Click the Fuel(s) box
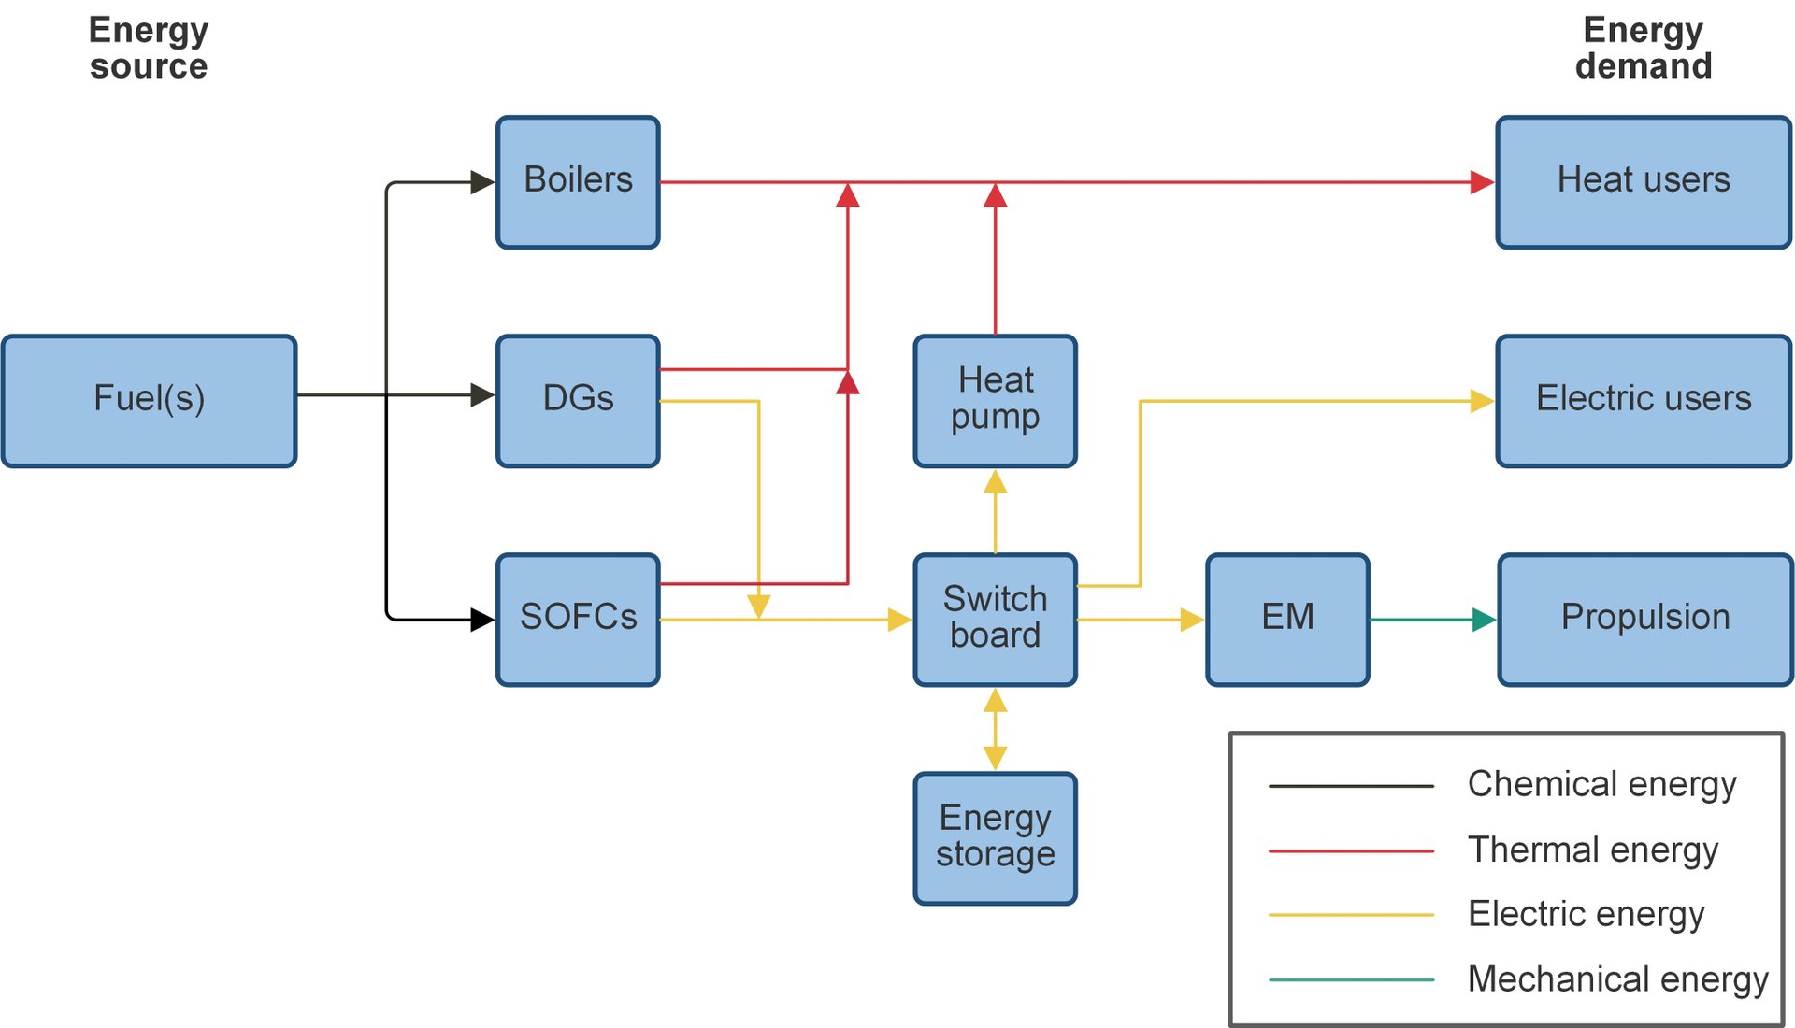pos(149,400)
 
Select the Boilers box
pos(578,181)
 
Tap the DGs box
pos(578,400)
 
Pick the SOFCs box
pos(578,619)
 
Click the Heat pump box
pos(995,400)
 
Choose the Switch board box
pos(995,619)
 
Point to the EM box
pos(1287,619)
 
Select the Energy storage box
pos(995,837)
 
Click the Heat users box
pos(1643,181)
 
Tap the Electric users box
pos(1643,400)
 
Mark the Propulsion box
pos(1644,619)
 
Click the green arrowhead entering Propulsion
pos(1484,620)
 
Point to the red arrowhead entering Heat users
pos(1482,182)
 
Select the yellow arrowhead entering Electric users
pos(1482,401)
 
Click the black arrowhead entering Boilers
pos(481,182)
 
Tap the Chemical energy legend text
pos(1601,784)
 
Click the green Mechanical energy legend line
pos(1351,979)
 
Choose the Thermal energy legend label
pos(1592,850)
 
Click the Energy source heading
pos(149,48)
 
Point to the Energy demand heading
pos(1643,48)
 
